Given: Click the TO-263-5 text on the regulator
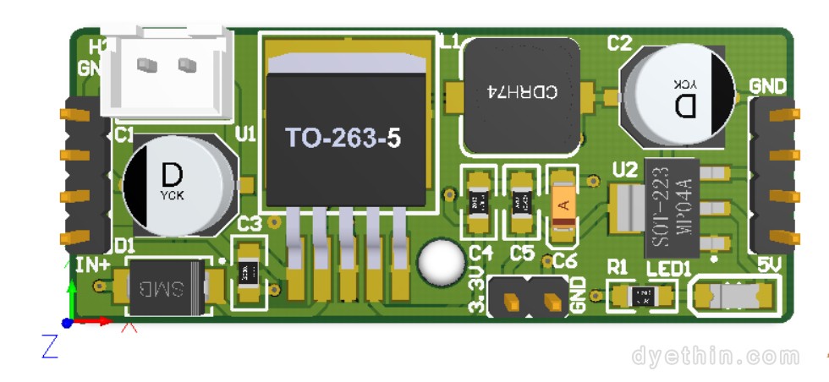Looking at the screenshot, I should tap(343, 139).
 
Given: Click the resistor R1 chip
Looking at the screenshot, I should tap(643, 297).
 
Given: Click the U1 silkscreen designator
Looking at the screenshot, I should tap(246, 134).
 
